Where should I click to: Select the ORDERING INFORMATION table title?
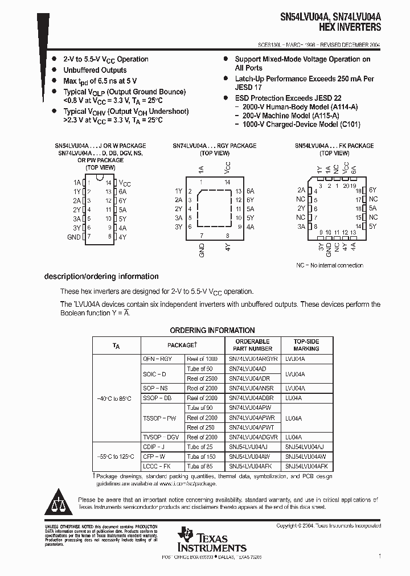[212, 330]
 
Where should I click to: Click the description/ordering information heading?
[101, 277]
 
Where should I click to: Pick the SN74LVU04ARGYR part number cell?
[253, 359]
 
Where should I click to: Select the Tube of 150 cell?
[202, 456]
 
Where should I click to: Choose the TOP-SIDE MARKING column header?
[306, 345]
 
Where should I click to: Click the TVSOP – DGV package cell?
[161, 437]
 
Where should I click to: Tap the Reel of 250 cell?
[202, 427]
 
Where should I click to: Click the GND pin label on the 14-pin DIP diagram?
[74, 237]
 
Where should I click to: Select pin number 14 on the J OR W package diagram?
[108, 183]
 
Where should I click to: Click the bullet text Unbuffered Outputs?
[95, 70]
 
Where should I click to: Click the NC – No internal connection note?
[329, 265]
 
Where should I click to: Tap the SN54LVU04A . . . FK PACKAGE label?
[334, 146]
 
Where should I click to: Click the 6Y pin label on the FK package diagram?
[373, 190]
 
